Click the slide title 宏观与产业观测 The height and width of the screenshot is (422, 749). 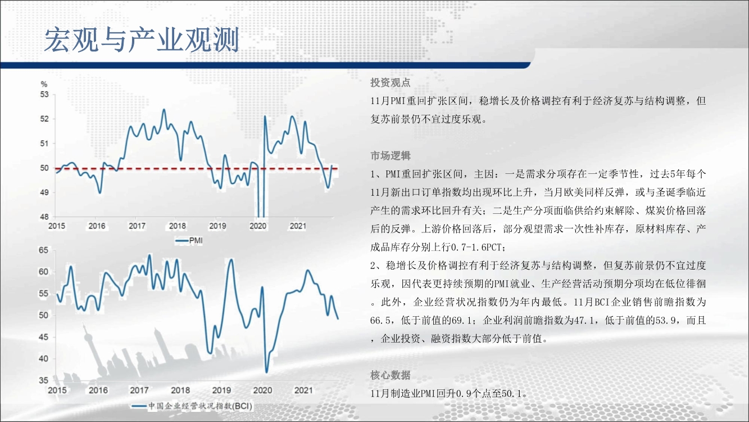(x=142, y=40)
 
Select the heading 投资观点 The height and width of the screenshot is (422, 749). (x=390, y=83)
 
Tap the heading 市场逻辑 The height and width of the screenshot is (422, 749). (x=390, y=156)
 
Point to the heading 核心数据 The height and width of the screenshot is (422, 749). (x=390, y=375)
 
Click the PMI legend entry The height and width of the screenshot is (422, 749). (x=189, y=240)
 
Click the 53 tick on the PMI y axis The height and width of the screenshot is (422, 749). (x=44, y=95)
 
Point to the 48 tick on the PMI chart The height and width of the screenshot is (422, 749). (x=44, y=217)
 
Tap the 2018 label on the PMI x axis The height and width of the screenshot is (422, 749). (x=177, y=226)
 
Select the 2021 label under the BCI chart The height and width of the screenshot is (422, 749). (x=303, y=390)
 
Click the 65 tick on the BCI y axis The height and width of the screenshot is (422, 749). (x=43, y=250)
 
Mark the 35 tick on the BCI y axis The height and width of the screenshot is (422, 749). (x=43, y=380)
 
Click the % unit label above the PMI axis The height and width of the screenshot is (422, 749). (x=44, y=84)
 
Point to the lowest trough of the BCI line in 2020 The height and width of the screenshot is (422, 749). (x=266, y=372)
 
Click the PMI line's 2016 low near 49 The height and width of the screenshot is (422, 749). (x=100, y=192)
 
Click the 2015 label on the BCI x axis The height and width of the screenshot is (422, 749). (x=57, y=390)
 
